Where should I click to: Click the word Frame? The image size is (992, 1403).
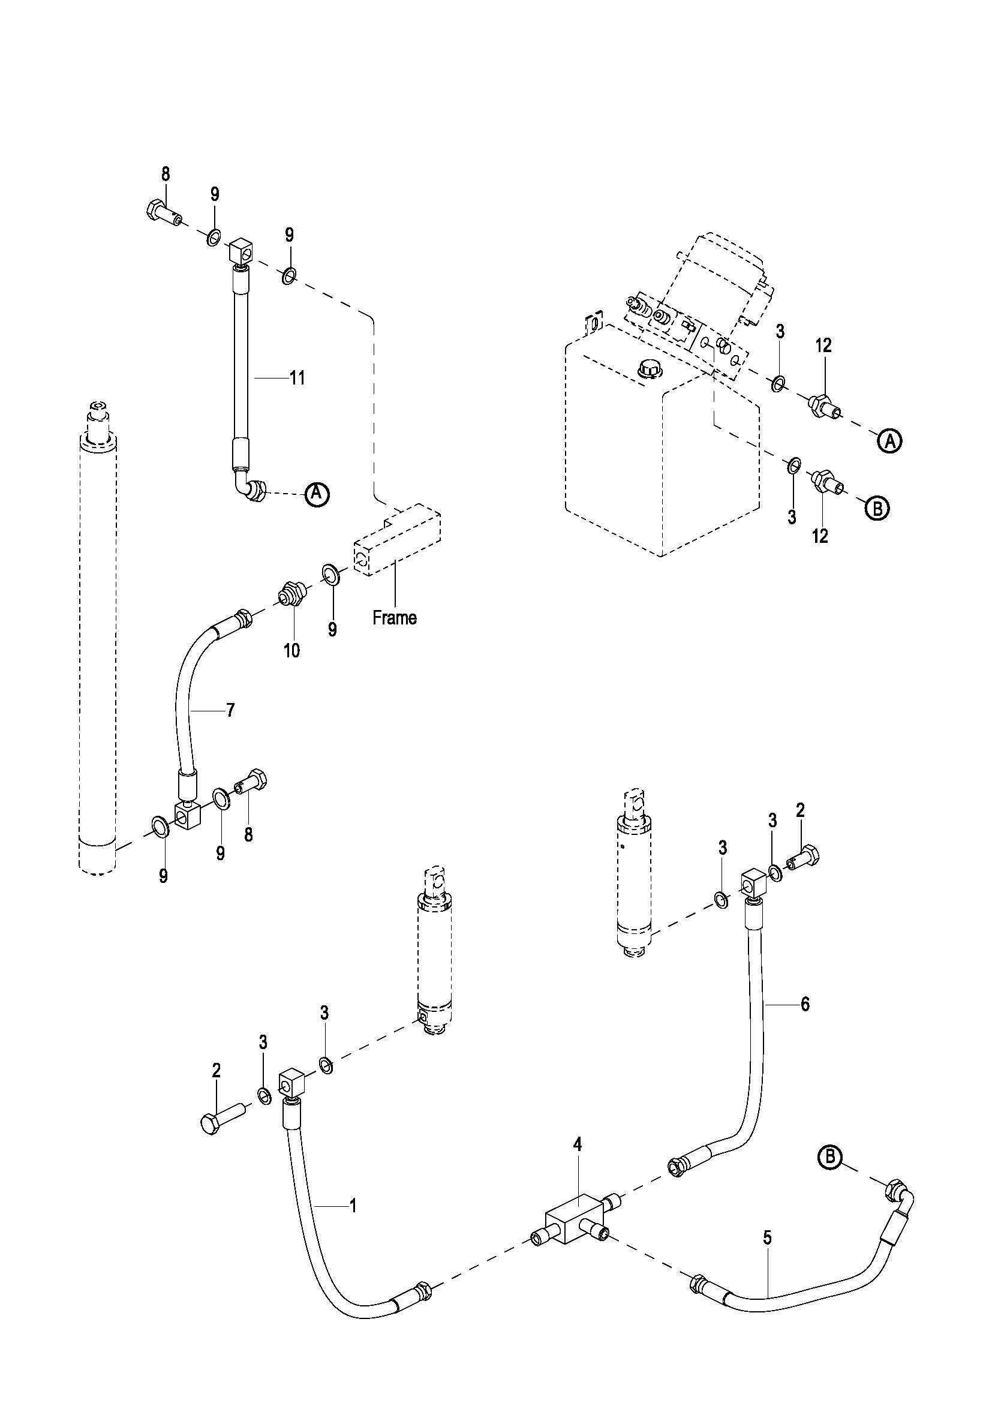click(x=395, y=618)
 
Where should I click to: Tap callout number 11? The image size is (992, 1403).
click(x=297, y=378)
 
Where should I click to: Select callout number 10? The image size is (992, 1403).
click(x=291, y=651)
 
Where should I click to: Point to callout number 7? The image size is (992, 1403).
click(x=230, y=710)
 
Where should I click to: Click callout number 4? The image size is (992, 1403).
click(x=577, y=1144)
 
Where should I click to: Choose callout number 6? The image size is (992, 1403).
click(x=805, y=1004)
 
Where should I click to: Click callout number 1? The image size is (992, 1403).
click(x=353, y=1206)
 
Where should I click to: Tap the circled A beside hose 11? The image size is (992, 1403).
click(x=317, y=492)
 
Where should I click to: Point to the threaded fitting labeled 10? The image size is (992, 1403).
click(x=292, y=594)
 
